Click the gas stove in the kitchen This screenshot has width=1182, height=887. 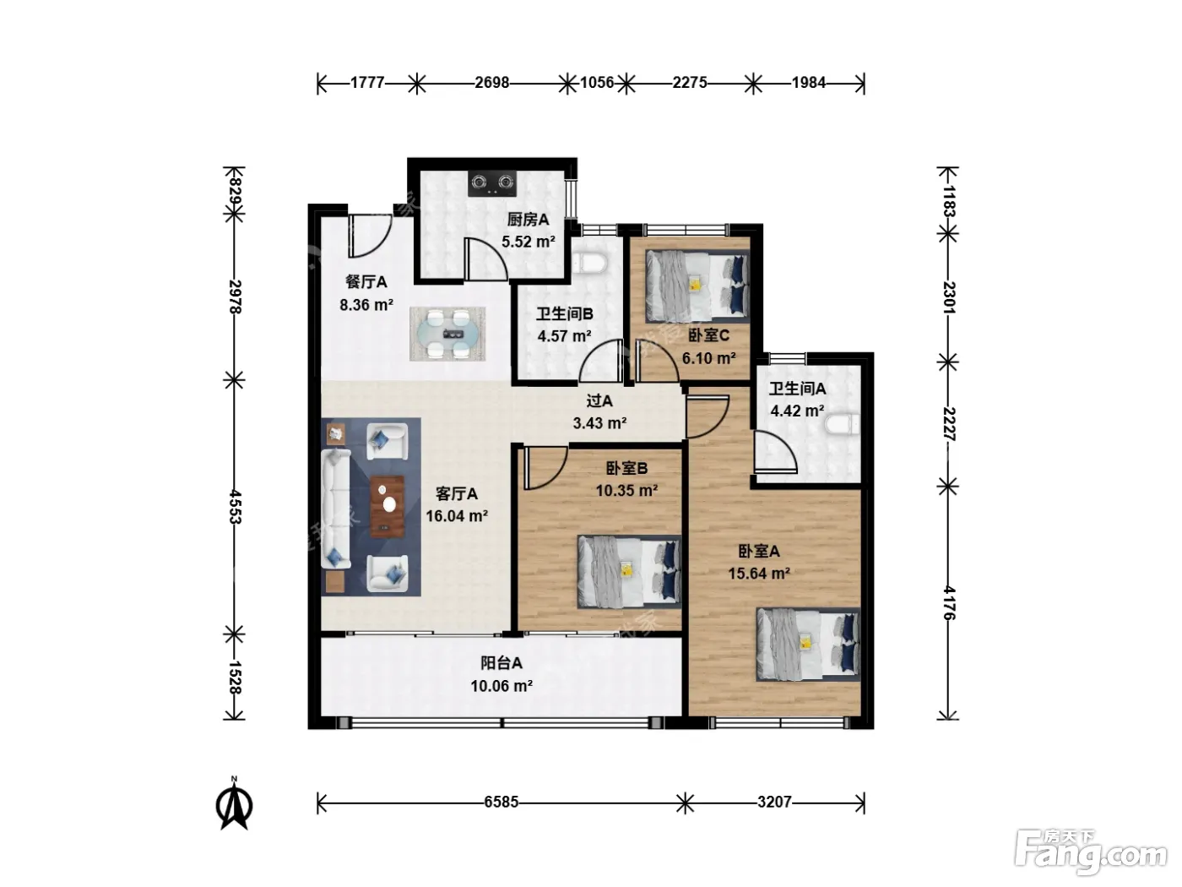click(491, 183)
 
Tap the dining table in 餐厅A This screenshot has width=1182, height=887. click(447, 334)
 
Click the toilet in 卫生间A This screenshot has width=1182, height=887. click(841, 424)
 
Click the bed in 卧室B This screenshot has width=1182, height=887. click(630, 571)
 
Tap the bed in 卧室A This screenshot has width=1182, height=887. click(808, 644)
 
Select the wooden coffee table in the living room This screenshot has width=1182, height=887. click(388, 506)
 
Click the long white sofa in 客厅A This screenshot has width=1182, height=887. click(336, 509)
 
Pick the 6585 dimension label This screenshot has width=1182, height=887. click(501, 802)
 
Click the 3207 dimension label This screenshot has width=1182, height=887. click(774, 802)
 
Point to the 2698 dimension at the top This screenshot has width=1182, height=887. click(491, 83)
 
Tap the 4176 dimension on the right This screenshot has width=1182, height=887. click(949, 602)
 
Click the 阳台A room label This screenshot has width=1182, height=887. click(502, 663)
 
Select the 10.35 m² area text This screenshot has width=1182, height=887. click(626, 491)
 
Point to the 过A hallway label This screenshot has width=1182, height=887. click(599, 400)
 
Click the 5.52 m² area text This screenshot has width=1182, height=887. click(529, 242)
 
